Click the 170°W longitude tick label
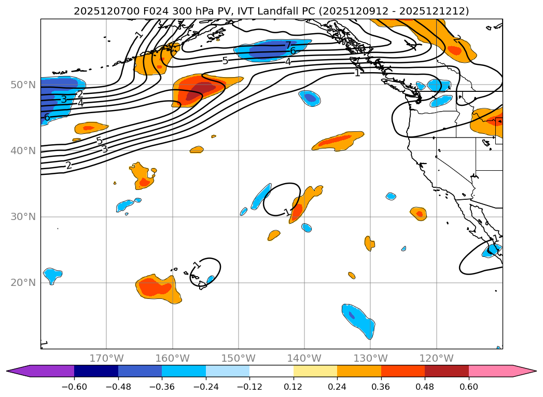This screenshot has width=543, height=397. [x=106, y=358]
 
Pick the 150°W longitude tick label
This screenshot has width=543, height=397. [x=239, y=358]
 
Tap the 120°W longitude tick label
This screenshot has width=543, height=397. [x=436, y=358]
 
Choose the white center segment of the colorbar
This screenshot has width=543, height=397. [x=271, y=371]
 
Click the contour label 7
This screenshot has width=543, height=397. [x=288, y=46]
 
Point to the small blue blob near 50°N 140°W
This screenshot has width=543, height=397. [x=310, y=98]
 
